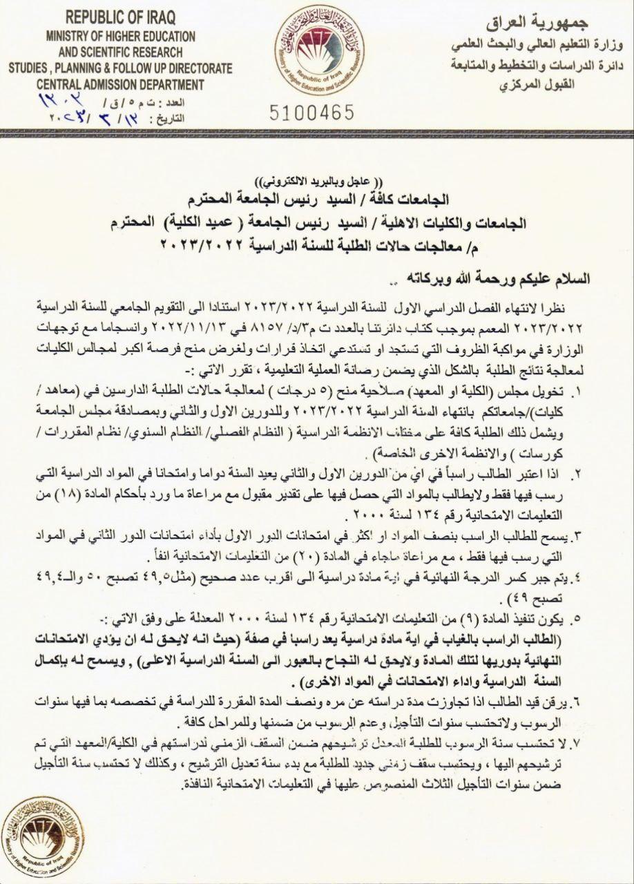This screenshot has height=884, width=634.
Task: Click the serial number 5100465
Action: [309, 111]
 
